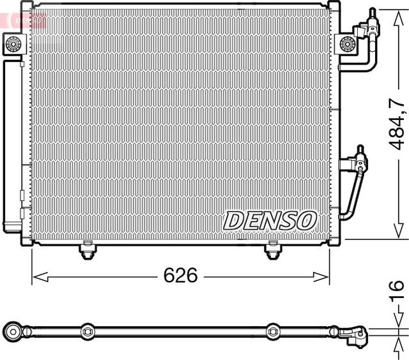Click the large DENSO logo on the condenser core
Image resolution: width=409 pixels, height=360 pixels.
click(270, 220)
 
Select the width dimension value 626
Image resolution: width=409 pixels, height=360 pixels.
click(181, 276)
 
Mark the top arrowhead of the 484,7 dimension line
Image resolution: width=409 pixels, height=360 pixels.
click(397, 10)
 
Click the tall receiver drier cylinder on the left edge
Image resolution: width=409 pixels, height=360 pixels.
click(12, 140)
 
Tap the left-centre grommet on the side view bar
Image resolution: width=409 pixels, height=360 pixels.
click(87, 331)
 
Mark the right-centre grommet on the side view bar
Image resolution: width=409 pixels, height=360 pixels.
click(274, 331)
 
